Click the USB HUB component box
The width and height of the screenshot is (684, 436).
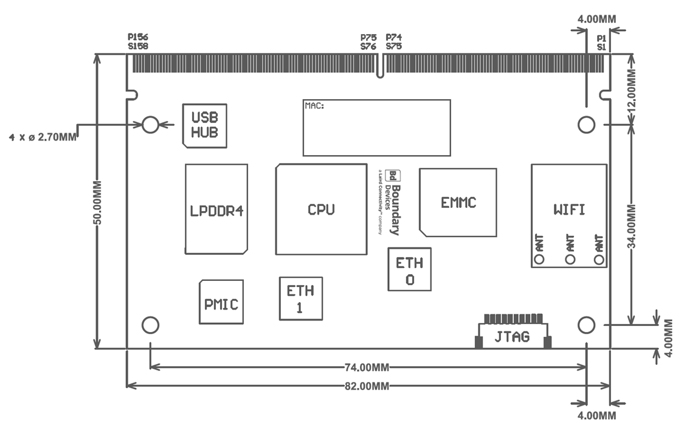tap(205, 125)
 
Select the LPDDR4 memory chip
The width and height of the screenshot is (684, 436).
tap(216, 210)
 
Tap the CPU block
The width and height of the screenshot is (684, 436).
tap(321, 209)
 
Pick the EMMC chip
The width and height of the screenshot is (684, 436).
tap(458, 202)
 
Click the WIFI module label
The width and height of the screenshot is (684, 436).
tap(569, 210)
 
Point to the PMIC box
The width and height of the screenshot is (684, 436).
tap(221, 302)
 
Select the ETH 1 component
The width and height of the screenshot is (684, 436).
tap(300, 299)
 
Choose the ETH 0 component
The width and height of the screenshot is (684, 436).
tap(410, 271)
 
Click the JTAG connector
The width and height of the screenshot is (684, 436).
tap(512, 336)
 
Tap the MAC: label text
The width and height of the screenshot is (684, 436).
tap(314, 106)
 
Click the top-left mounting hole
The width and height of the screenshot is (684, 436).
tap(150, 125)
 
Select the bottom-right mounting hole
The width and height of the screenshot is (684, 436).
tap(586, 325)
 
